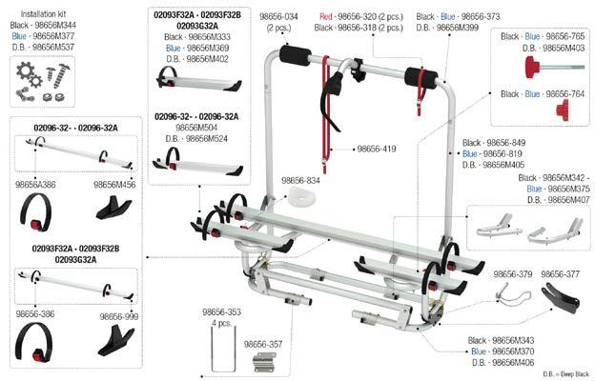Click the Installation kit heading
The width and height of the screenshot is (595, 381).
click(43, 14)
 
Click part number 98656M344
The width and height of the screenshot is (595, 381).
click(55, 25)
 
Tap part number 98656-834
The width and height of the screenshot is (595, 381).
click(300, 180)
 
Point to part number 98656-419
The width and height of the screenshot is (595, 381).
click(377, 149)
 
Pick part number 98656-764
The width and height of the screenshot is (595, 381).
click(565, 93)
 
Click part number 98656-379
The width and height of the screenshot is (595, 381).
click(513, 274)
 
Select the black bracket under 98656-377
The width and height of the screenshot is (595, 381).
click(561, 299)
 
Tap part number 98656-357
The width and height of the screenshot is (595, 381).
click(263, 344)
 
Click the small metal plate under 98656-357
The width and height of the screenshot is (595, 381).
click(264, 362)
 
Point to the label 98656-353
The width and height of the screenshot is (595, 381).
click(221, 312)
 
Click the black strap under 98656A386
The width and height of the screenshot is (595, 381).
click(35, 212)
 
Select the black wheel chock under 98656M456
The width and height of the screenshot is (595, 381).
click(113, 208)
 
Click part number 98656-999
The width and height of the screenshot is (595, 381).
click(119, 316)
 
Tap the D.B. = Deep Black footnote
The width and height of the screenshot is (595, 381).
click(566, 373)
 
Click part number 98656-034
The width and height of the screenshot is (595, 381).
click(278, 17)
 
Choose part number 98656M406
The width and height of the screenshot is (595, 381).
click(513, 362)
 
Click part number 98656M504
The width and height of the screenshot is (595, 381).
click(196, 128)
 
